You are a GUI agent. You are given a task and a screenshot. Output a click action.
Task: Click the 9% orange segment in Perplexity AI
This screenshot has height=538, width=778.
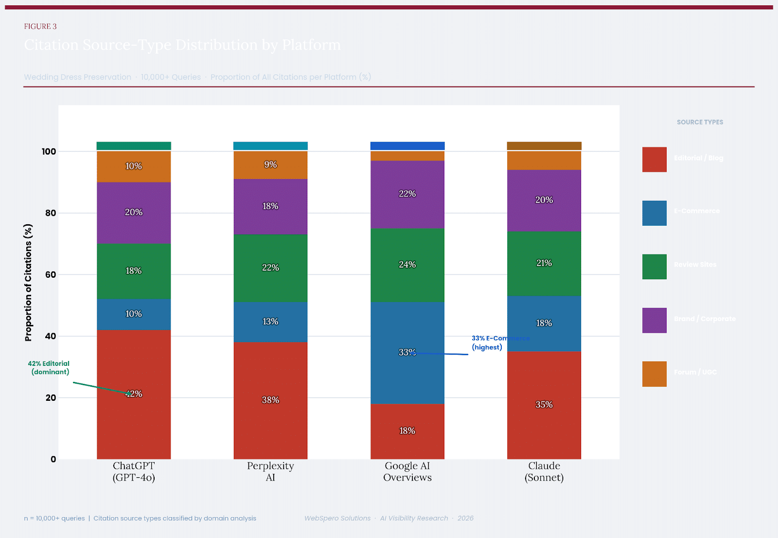click(x=270, y=165)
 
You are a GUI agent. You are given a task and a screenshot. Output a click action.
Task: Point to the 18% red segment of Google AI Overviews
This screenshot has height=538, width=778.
click(x=407, y=431)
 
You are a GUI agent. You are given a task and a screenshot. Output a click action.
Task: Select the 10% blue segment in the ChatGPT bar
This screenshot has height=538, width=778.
click(x=134, y=314)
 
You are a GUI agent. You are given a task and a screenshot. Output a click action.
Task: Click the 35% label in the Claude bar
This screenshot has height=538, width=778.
click(x=544, y=405)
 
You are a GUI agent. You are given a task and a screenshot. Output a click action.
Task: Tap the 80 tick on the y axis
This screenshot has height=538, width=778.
click(x=51, y=213)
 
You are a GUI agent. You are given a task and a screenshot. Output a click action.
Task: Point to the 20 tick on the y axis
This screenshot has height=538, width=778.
click(x=51, y=398)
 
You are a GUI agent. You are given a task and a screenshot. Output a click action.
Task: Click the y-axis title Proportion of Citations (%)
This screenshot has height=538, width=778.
click(x=28, y=282)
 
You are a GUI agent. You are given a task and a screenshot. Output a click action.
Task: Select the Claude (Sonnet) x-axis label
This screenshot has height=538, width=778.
click(x=544, y=472)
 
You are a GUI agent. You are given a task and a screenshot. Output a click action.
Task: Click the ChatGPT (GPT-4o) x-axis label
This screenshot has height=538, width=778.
click(x=134, y=472)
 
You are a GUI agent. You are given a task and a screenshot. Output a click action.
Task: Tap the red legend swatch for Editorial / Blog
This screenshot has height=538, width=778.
click(x=654, y=160)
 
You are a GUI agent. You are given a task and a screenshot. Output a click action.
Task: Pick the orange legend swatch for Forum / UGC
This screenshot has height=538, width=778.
click(x=654, y=374)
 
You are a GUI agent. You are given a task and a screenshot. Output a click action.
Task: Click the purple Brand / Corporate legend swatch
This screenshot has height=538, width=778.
click(x=654, y=320)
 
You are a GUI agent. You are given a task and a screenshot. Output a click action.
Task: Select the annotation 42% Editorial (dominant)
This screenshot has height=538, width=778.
click(x=49, y=368)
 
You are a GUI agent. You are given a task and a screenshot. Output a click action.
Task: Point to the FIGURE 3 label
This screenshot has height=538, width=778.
click(x=40, y=26)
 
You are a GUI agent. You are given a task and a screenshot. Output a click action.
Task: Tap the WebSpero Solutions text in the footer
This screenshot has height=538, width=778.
click(x=337, y=518)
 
